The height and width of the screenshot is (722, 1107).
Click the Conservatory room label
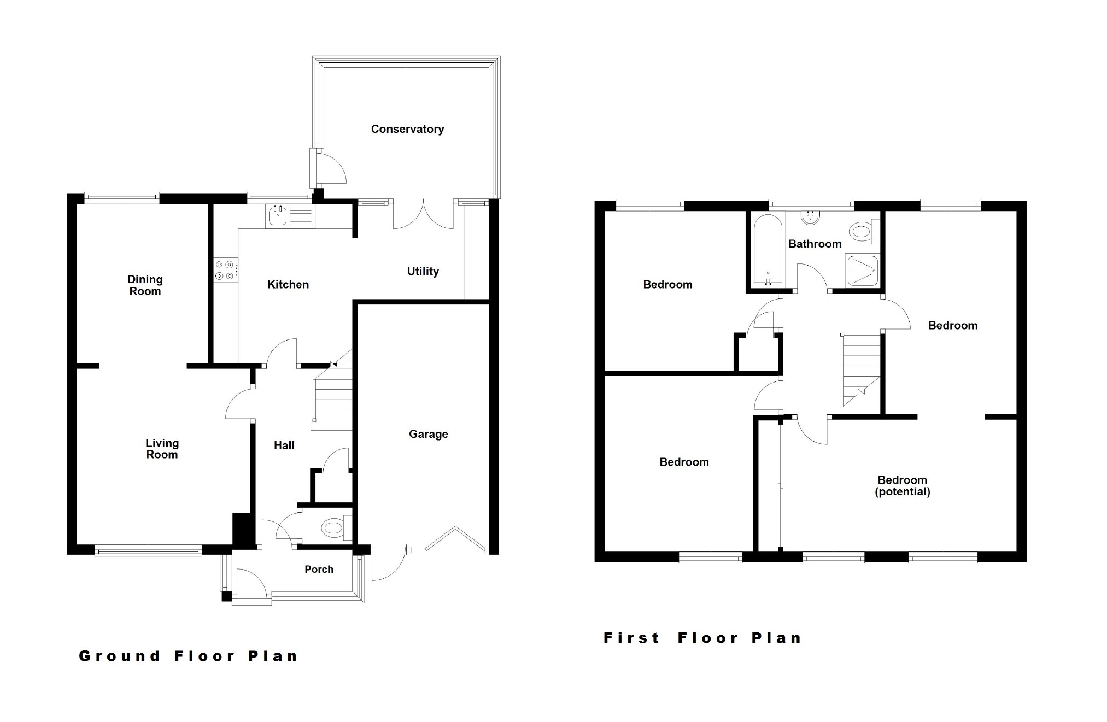point(407,129)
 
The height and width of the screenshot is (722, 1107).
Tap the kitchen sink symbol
point(278,216)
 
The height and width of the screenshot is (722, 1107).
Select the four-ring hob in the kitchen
point(225,271)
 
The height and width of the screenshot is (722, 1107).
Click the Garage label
point(428,434)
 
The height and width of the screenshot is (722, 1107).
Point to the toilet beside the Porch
point(333,528)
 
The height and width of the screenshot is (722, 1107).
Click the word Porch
point(319,569)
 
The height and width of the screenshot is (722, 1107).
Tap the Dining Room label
point(145,285)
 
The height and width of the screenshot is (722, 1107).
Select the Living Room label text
point(162,449)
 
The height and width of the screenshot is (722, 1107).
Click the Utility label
point(423,271)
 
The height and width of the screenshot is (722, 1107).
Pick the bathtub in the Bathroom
point(768,250)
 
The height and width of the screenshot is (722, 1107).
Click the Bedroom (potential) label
point(902,485)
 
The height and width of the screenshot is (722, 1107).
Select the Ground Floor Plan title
point(189,656)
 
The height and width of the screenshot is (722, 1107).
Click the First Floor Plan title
point(702,638)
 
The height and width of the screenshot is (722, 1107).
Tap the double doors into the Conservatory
point(423,216)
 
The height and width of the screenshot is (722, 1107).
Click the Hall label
point(284,445)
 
